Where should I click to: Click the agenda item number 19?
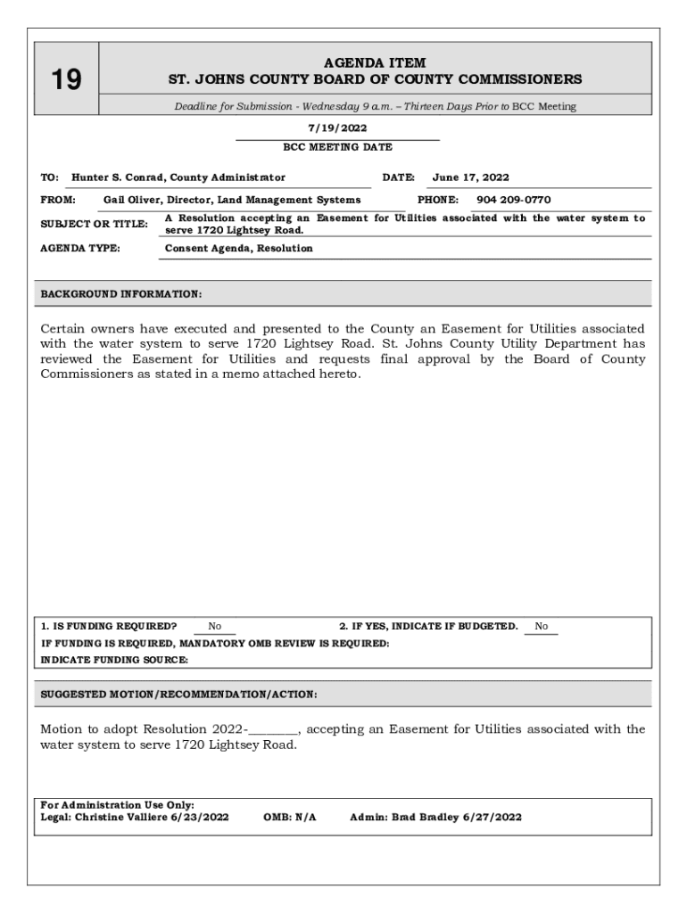tap(65, 80)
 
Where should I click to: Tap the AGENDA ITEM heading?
tap(375, 63)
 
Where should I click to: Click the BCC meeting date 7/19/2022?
tap(337, 128)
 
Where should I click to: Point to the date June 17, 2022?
tap(470, 177)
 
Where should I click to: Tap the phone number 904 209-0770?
tap(513, 200)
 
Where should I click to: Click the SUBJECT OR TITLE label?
tap(94, 224)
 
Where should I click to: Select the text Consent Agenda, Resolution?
tap(239, 248)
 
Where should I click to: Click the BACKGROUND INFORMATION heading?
tap(121, 293)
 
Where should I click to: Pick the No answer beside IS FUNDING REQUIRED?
tap(214, 627)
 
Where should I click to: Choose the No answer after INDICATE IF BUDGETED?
tap(542, 627)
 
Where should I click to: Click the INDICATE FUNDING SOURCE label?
tap(115, 660)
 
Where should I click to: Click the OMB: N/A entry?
tap(290, 817)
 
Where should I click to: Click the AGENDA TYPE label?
tap(80, 248)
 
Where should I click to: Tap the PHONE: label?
tap(438, 200)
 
